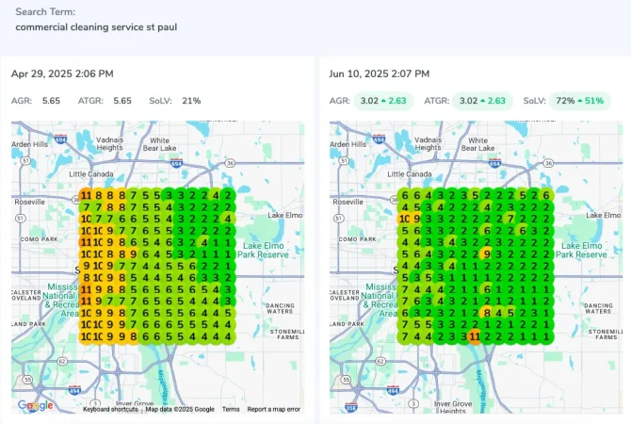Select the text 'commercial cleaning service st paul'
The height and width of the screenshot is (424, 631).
coord(96,26)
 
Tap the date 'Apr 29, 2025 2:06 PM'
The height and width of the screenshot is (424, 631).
coord(62,73)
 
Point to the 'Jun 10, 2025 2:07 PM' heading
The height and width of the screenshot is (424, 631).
coord(380,73)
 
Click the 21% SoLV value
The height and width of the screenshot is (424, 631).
coord(191,100)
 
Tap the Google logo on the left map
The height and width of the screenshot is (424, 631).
coord(35,405)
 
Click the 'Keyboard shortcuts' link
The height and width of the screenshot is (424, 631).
coord(110,409)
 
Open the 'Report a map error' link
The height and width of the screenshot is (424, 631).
coord(274,409)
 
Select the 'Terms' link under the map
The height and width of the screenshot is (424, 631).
coord(231,409)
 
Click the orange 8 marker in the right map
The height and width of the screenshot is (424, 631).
coord(486,312)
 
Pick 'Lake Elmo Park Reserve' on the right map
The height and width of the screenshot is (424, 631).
coord(582,249)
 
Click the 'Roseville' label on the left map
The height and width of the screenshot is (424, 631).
coord(28,201)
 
